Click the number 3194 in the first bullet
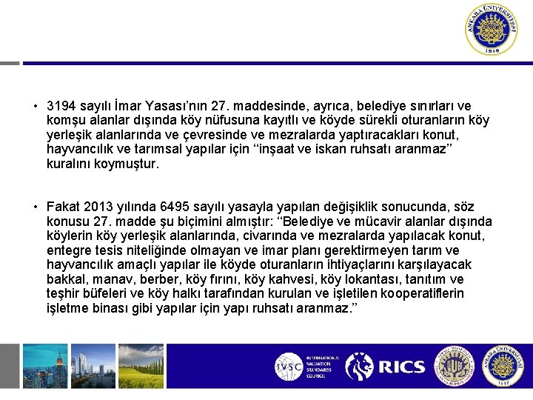click(60, 106)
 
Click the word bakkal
click(64, 279)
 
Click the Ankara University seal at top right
click(492, 30)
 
